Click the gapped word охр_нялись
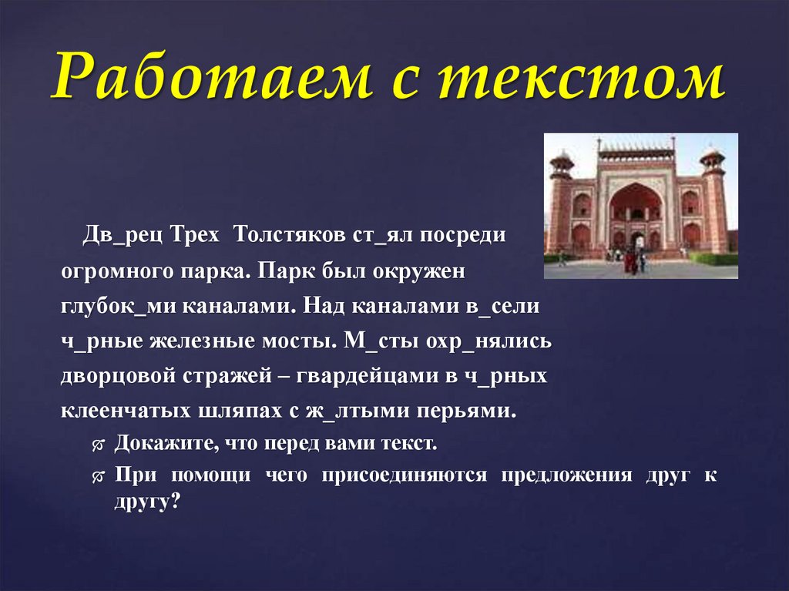[x=495, y=341]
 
